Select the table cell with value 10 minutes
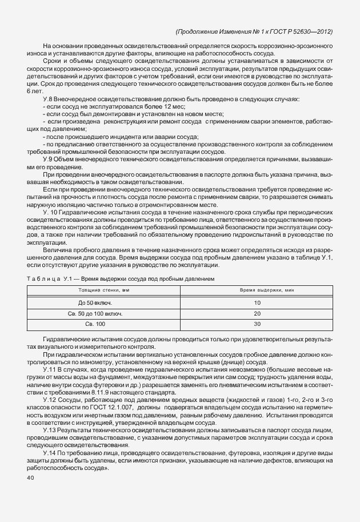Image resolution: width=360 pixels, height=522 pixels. (257, 302)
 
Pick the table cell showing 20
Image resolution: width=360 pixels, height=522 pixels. (257, 313)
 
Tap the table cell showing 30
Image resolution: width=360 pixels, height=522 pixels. (257, 324)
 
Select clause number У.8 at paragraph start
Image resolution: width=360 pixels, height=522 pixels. (48, 99)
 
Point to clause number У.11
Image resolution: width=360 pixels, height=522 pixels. (49, 370)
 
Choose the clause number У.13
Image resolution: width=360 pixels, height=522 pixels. (49, 429)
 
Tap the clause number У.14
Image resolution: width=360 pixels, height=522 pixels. (49, 452)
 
